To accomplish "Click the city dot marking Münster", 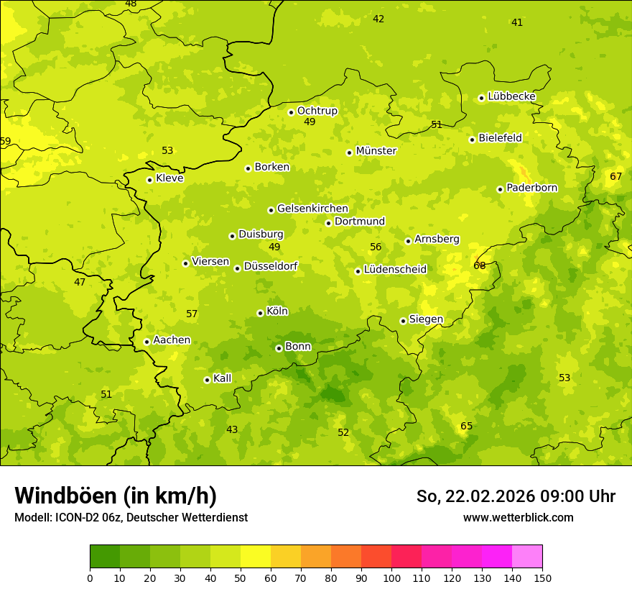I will [350, 152].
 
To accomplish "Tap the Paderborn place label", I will [531, 188].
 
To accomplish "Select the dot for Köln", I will [260, 313].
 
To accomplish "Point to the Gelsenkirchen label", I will [312, 209].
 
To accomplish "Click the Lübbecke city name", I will [511, 96].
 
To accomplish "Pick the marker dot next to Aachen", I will [147, 342].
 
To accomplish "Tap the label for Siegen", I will [426, 319].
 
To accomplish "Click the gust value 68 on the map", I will [480, 265].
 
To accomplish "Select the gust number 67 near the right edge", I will [615, 176].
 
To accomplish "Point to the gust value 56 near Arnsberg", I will [376, 247].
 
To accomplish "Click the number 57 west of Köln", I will [192, 314].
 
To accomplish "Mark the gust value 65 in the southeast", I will [466, 426].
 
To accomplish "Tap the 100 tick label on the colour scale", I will [391, 578].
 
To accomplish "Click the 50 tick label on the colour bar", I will [241, 578].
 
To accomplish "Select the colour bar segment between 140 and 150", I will [527, 557].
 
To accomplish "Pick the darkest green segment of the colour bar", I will [105, 557].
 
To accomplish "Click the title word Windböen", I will [65, 496].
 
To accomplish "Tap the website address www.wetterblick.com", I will [518, 517].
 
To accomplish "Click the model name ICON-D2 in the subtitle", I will [75, 517].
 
